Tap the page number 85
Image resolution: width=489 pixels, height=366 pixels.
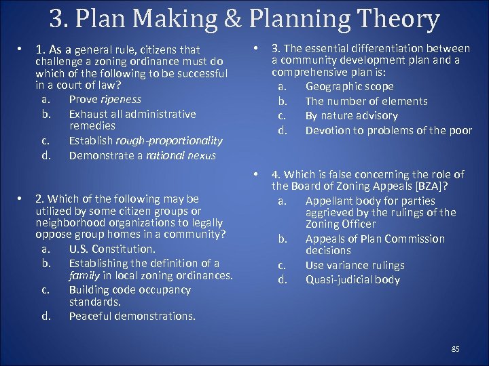pos(455,348)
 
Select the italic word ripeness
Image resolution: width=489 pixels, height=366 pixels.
pos(120,99)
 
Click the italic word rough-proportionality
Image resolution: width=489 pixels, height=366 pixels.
pos(169,141)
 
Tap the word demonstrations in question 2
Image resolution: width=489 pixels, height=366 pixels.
pos(161,316)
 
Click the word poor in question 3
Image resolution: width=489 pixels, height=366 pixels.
pos(459,130)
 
